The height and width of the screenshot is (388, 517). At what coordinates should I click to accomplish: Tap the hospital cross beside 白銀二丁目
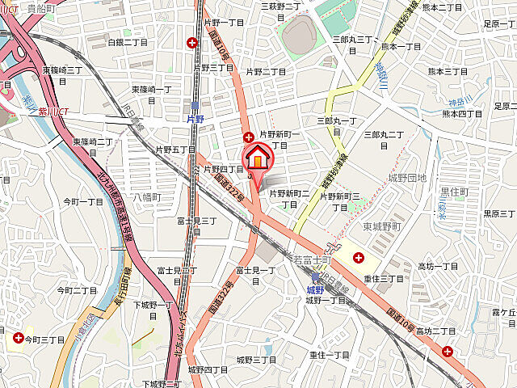[x=192, y=42]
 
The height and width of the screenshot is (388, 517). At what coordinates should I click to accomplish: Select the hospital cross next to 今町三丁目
[x=18, y=338]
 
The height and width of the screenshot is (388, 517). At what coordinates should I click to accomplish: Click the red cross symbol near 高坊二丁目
[x=448, y=351]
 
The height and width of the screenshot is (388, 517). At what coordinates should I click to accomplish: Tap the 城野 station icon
[x=315, y=277]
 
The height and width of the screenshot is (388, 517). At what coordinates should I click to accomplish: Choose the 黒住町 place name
[x=454, y=192]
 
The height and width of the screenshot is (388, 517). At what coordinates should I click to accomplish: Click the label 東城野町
[x=381, y=226]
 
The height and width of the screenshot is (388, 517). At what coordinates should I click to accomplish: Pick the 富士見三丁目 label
[x=197, y=220]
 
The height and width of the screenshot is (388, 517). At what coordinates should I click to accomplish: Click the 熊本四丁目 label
[x=461, y=114]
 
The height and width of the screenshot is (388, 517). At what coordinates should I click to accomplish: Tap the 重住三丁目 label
[x=383, y=278]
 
